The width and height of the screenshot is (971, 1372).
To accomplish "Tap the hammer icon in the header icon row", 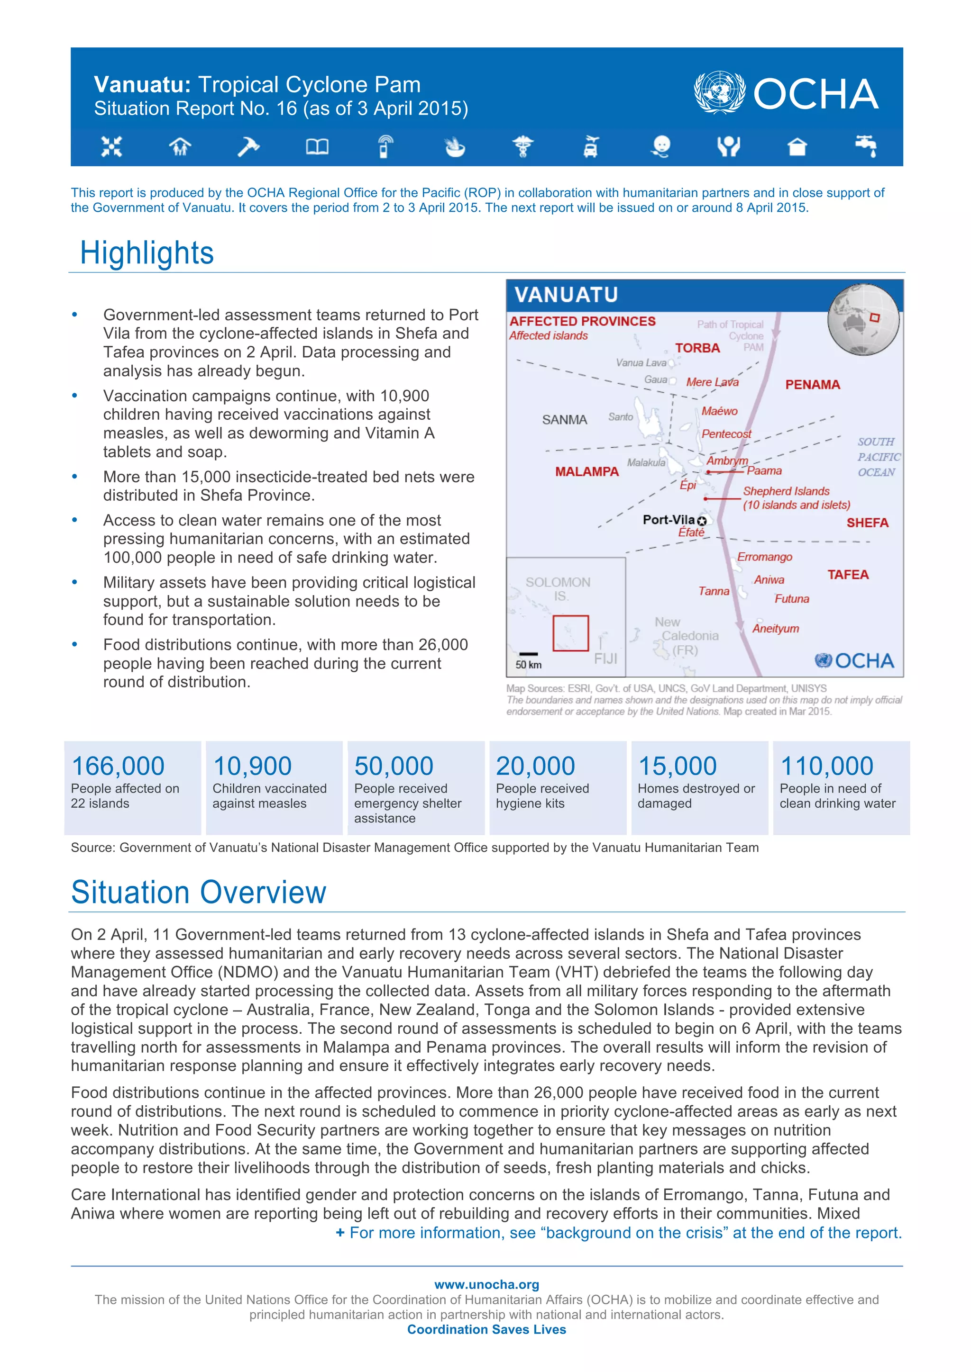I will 247,146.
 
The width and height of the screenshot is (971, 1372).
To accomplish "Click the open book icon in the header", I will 317,146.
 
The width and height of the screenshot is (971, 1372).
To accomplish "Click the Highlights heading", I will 147,253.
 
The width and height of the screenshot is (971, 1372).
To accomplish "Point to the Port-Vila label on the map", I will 669,519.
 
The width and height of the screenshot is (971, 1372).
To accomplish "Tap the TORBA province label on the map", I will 697,348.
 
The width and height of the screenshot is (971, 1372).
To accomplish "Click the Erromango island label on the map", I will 764,557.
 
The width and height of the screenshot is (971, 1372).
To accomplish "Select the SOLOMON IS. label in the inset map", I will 558,588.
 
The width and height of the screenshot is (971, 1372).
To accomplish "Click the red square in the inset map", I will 570,633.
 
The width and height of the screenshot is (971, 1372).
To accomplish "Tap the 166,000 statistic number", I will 118,766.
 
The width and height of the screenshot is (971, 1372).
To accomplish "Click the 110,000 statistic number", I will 827,766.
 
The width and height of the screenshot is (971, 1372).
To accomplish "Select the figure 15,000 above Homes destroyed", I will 678,766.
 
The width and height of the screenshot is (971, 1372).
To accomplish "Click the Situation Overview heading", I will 199,893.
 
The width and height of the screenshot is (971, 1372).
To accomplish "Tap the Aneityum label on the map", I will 776,629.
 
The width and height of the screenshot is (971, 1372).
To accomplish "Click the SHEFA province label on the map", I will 867,523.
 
